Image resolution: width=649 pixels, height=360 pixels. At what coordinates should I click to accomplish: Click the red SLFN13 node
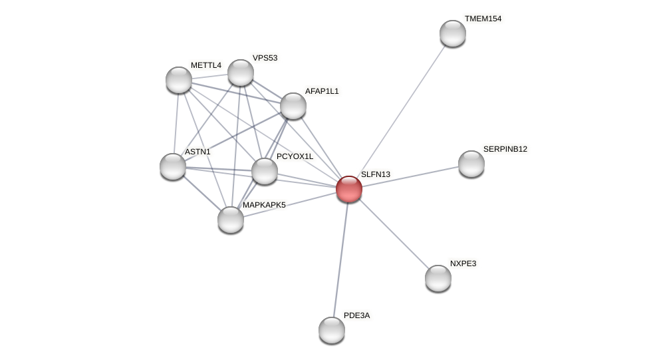[349, 189]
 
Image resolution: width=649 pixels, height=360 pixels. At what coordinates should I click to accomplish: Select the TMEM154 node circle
[453, 33]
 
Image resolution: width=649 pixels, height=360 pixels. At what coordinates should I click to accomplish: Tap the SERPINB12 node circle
[471, 164]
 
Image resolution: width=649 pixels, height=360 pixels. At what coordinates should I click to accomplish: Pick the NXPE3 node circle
[438, 278]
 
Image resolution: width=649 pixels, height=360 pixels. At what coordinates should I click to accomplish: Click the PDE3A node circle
[332, 330]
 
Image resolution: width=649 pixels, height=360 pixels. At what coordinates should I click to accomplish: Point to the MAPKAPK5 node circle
[231, 220]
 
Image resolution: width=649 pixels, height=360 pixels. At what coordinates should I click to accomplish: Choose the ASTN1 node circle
[173, 166]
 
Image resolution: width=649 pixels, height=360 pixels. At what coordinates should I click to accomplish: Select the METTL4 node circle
[179, 80]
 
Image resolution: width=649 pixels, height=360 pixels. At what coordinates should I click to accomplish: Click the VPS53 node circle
[241, 73]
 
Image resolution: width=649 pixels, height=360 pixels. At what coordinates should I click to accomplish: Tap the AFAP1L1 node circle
[293, 106]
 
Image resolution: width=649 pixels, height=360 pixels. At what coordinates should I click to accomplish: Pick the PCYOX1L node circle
[265, 171]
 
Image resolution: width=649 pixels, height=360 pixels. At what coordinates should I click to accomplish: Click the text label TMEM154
[483, 19]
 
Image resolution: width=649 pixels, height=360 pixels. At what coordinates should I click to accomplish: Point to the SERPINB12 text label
[505, 149]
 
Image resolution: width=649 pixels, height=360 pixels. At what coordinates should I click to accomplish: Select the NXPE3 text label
[463, 264]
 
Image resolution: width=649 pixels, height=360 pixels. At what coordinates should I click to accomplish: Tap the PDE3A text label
[356, 315]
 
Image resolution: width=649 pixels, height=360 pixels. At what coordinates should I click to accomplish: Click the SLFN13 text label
[376, 174]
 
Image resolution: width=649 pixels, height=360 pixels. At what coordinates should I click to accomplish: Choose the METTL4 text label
[205, 65]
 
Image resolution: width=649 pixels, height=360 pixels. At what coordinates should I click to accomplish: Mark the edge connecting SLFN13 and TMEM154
[401, 111]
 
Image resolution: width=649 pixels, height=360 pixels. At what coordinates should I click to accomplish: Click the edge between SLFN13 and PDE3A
[340, 260]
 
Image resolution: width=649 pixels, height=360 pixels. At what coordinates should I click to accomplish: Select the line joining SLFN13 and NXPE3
[394, 234]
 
